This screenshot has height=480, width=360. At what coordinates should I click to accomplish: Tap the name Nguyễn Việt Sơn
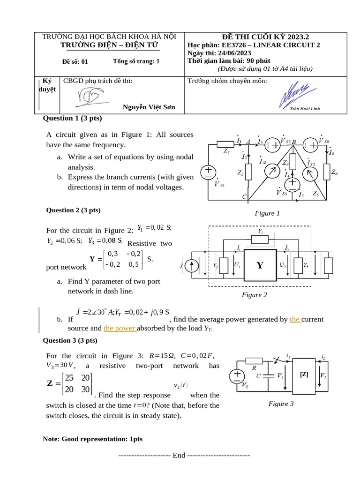point(149,107)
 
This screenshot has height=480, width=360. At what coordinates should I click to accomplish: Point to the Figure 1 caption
point(267,213)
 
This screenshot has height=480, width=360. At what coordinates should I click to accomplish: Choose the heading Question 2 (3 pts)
point(73,210)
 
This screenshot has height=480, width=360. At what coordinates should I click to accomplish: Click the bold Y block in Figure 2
point(259,266)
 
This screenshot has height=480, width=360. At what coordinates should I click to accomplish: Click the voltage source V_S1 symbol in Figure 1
point(207,172)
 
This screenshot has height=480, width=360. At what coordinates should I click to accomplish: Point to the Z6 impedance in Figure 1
point(327,172)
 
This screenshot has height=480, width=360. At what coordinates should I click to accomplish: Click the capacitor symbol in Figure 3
point(268,375)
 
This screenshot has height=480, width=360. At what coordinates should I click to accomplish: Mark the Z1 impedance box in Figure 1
point(225,144)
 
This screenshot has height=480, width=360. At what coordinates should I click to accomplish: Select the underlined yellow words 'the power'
point(120,328)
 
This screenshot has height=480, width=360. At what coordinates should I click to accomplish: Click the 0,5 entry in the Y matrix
point(134,264)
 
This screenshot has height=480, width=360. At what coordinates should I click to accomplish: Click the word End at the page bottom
point(179,455)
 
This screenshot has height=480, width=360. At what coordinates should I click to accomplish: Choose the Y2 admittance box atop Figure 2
point(261,239)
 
